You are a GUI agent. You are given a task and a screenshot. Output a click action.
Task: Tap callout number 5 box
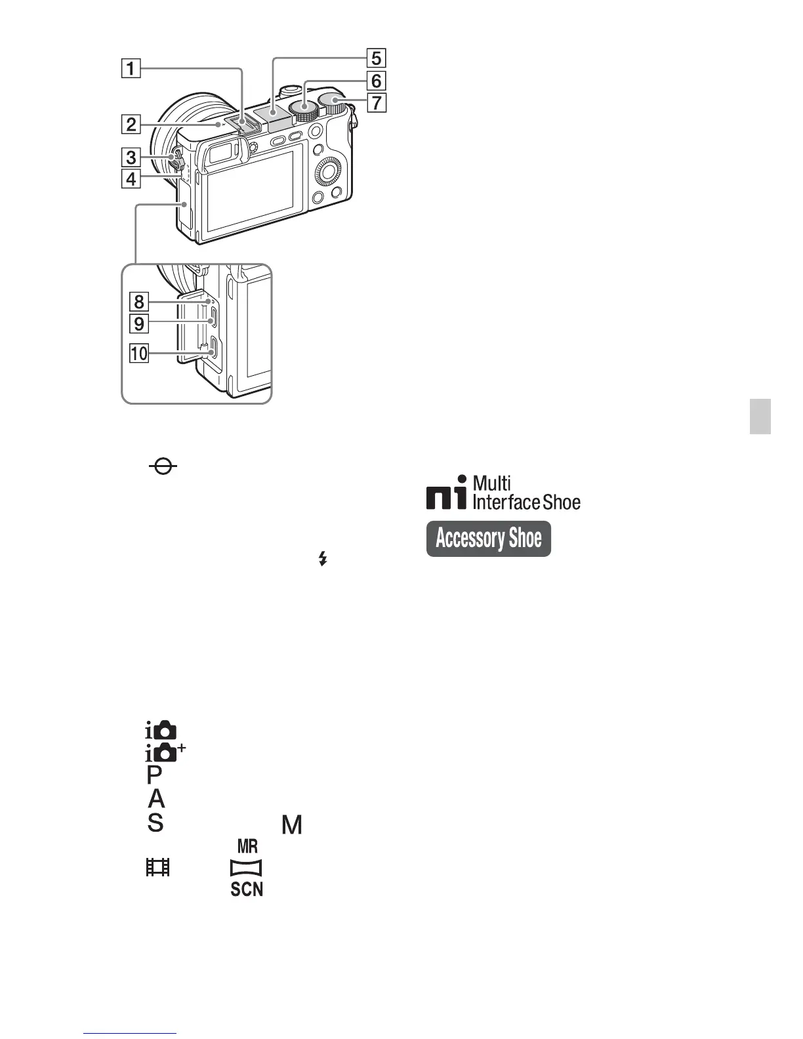coord(376,58)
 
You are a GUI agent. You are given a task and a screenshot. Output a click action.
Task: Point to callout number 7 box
coord(376,103)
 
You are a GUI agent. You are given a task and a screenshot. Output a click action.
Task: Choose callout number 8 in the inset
coord(139,302)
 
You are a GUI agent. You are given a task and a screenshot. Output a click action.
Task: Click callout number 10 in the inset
coord(139,354)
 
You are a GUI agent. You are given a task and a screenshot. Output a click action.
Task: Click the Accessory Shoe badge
coord(488,539)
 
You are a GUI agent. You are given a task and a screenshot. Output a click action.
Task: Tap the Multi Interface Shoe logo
coord(503,493)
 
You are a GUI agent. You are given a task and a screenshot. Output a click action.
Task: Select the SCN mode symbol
coord(247,889)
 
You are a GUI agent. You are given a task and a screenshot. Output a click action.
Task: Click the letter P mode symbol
coord(154,775)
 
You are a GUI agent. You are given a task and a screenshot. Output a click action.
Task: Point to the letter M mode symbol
coord(292,825)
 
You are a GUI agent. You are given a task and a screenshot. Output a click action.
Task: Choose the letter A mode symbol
coord(156,799)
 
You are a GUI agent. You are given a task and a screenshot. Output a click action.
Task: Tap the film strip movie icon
coord(157,867)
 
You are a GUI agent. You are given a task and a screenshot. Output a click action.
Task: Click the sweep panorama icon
coord(246,868)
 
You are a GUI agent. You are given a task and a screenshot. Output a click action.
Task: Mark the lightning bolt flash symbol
coord(322,559)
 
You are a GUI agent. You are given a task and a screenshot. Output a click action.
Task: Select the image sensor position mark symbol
coord(163,467)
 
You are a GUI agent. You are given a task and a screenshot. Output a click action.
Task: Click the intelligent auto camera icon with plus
coord(165,753)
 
